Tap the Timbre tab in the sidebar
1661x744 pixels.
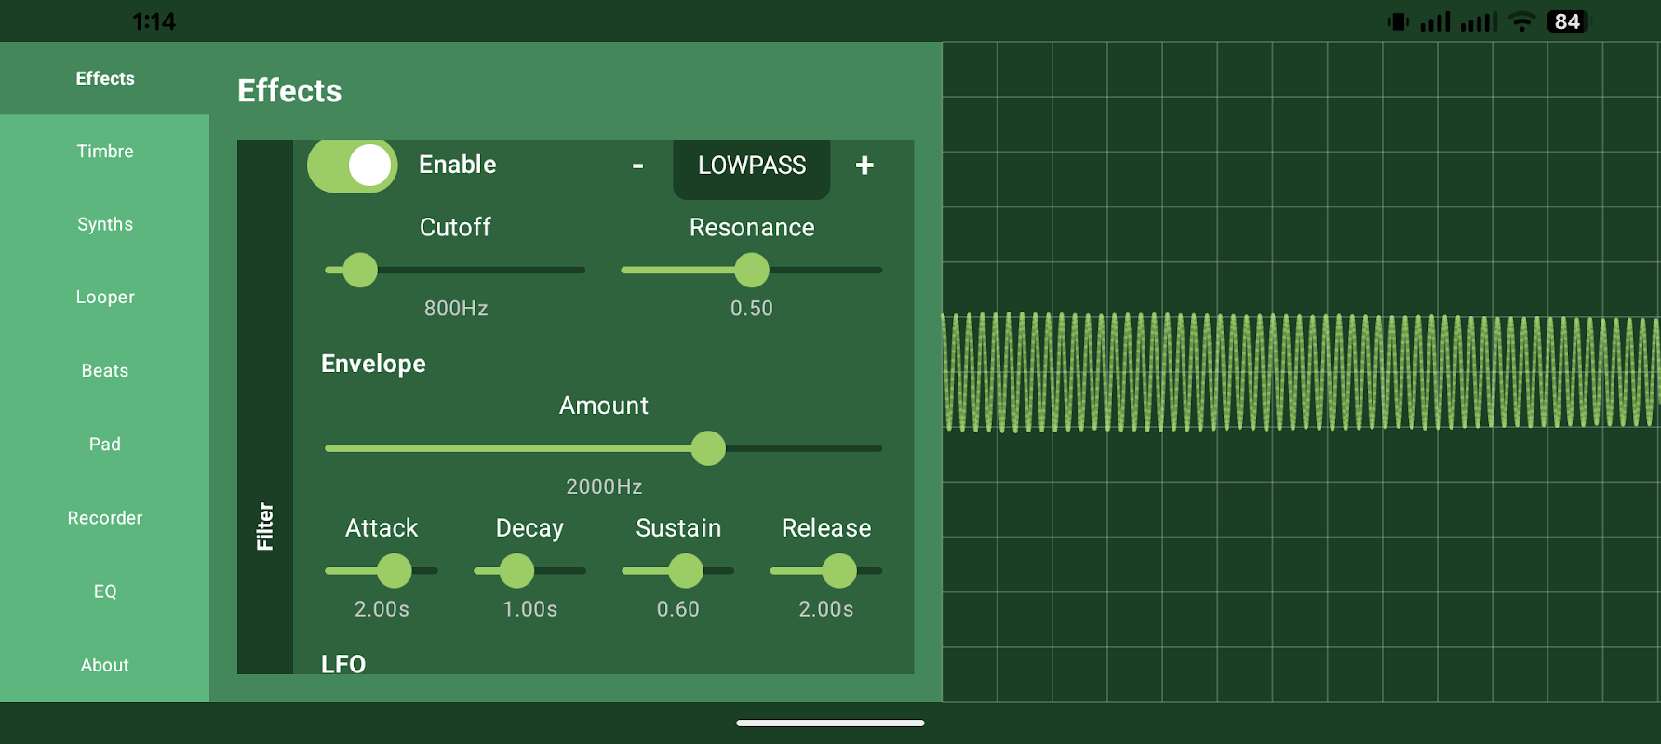coord(105,152)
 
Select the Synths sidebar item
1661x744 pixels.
coord(105,224)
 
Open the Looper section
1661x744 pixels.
coord(105,298)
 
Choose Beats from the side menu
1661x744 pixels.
coord(105,371)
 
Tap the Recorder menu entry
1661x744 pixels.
coord(105,518)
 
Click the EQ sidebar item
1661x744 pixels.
coord(105,591)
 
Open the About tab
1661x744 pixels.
coord(105,665)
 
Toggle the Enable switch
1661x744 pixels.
coord(353,166)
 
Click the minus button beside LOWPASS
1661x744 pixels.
coord(638,166)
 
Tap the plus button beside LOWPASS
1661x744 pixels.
coord(864,166)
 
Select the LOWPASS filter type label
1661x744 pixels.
coord(752,166)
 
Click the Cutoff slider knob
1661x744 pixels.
coord(360,271)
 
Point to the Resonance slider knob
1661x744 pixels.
coord(752,271)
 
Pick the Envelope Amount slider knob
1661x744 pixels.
coord(708,448)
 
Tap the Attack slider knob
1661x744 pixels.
coord(395,571)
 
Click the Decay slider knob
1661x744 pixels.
coord(517,571)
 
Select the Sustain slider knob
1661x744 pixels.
coord(686,571)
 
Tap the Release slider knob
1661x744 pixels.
coord(839,571)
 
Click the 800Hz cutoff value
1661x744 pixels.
coord(456,309)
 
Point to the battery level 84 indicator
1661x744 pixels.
coord(1567,21)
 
